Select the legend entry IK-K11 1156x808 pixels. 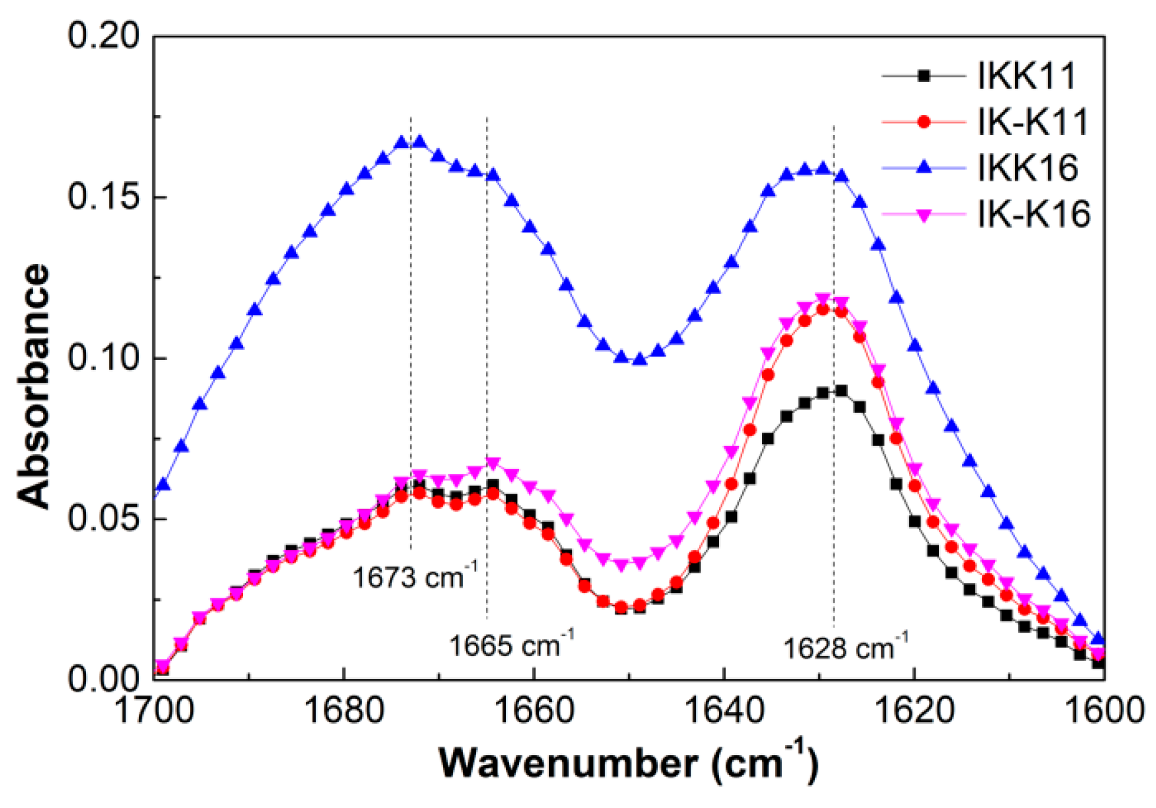coord(1033,122)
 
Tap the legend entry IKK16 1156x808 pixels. coord(1027,168)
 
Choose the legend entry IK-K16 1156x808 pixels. coord(1034,214)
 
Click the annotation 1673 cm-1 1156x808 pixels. coord(414,576)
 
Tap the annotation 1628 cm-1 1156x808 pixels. coord(845,647)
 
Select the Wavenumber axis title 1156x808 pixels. coord(628,763)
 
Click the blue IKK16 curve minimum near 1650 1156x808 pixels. coord(639,359)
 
